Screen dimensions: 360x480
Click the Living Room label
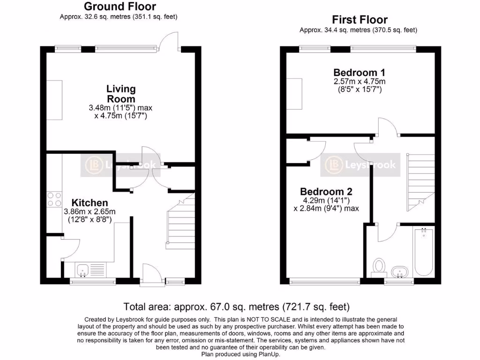(x=121, y=94)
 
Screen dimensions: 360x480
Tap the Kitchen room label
(x=86, y=203)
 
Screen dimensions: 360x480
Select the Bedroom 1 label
(x=359, y=73)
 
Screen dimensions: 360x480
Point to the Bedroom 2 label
(x=326, y=192)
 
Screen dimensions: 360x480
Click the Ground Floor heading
(x=120, y=7)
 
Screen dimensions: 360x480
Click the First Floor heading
(x=360, y=20)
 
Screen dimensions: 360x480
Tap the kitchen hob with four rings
(x=53, y=200)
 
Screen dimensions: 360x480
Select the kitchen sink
(x=83, y=270)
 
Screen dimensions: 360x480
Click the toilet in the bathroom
(x=378, y=266)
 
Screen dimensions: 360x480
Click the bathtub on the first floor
(x=423, y=252)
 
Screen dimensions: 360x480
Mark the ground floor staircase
(x=180, y=225)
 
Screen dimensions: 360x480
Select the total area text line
(x=237, y=307)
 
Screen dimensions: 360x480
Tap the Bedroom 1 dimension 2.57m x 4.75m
(x=359, y=82)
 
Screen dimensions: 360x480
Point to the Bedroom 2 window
(x=325, y=281)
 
